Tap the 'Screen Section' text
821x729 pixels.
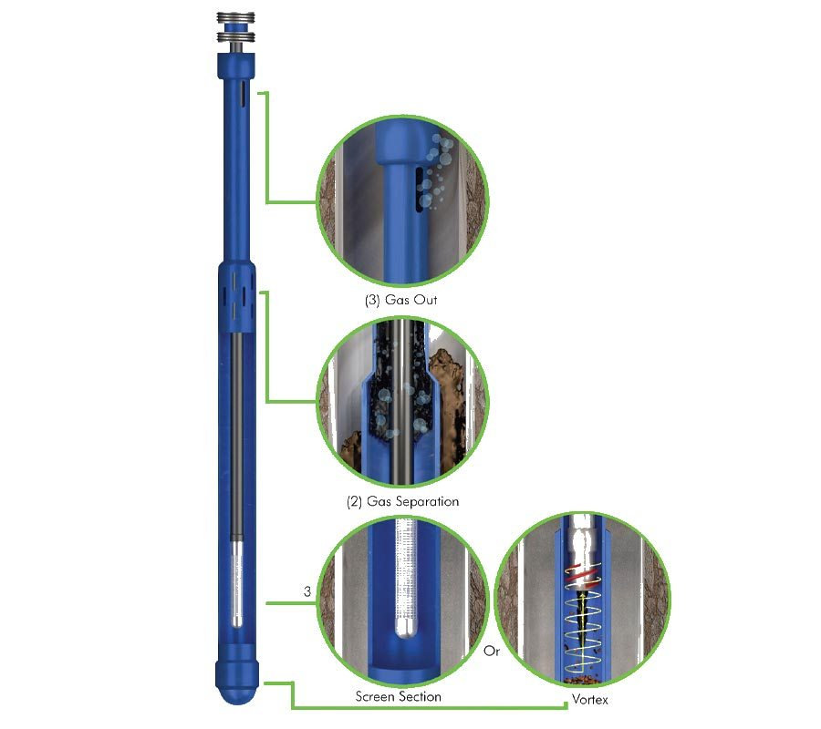point(398,697)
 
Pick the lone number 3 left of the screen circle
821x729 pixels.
point(307,592)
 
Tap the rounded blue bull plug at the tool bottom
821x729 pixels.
point(236,680)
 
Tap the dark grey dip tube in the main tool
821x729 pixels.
point(236,437)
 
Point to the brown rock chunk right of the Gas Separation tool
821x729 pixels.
point(449,374)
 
